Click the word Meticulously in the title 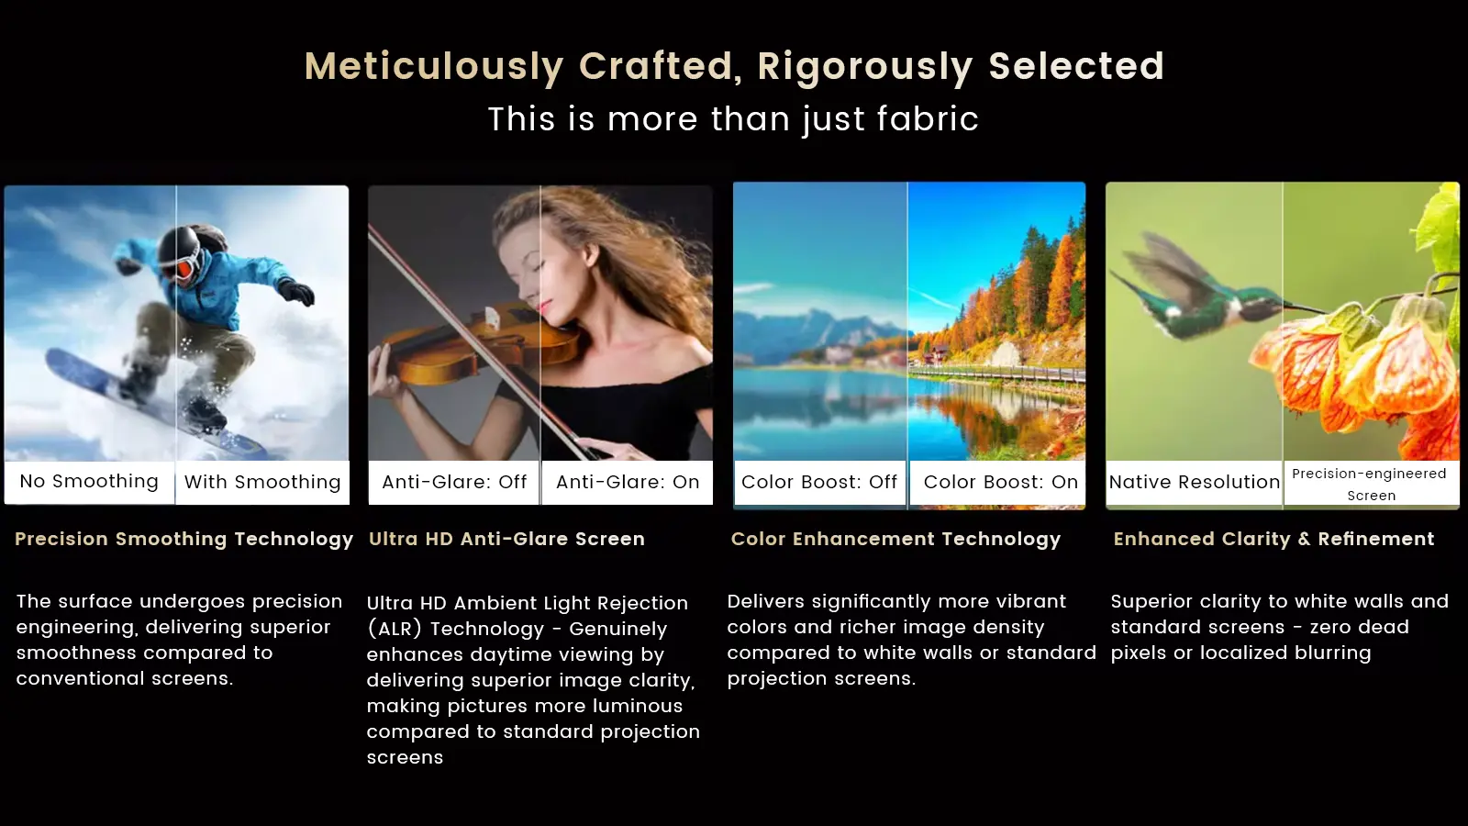[434, 67]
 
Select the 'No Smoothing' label [89, 481]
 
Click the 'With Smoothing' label [262, 482]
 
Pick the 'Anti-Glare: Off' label [454, 482]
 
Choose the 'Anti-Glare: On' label [628, 482]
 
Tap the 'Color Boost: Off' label [819, 482]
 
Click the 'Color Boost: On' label [1001, 482]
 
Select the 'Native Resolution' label [1194, 482]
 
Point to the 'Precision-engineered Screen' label [1370, 485]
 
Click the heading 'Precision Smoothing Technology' [184, 539]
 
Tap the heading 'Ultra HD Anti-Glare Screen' [506, 539]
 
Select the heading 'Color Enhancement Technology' [895, 539]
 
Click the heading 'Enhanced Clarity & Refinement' [1274, 539]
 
